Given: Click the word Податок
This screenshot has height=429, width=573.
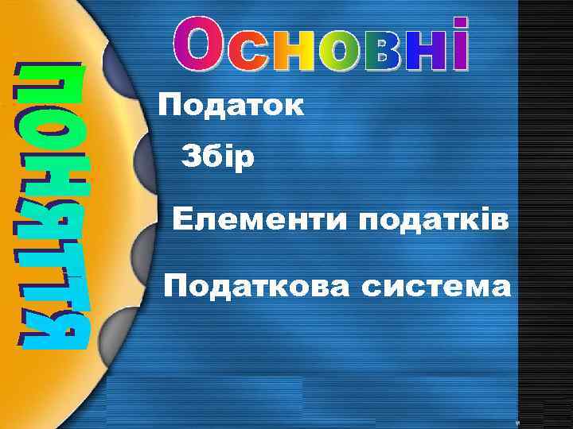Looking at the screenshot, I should (x=231, y=106).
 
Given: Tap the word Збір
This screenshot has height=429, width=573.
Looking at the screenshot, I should (x=218, y=157).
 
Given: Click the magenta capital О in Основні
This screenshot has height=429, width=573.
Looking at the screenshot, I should (x=195, y=44).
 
